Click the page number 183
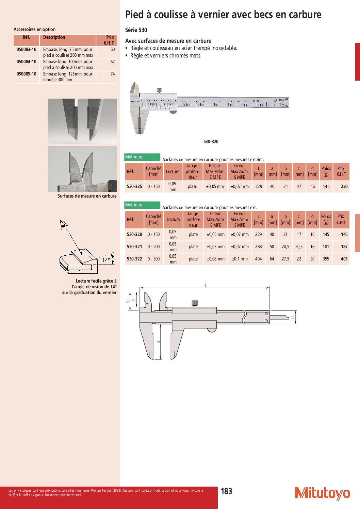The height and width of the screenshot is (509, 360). click(x=227, y=491)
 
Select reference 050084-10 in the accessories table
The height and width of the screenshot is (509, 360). click(x=27, y=62)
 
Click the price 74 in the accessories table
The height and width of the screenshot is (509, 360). click(x=113, y=74)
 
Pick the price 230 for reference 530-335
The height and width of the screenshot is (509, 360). click(x=344, y=186)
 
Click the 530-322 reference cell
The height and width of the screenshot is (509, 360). click(x=134, y=259)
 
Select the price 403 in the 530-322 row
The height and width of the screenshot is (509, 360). click(x=344, y=259)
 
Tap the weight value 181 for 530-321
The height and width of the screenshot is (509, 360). click(x=326, y=247)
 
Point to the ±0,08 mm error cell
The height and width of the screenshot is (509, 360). click(x=216, y=259)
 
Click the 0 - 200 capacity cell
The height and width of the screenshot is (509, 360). click(x=154, y=247)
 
